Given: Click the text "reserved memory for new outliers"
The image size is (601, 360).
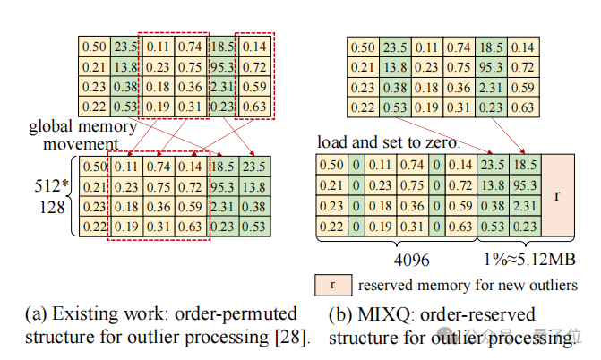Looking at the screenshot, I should pyautogui.click(x=467, y=286).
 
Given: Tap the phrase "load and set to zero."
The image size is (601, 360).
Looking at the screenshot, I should pyautogui.click(x=389, y=142).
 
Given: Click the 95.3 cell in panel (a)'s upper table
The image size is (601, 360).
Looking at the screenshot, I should pyautogui.click(x=223, y=65).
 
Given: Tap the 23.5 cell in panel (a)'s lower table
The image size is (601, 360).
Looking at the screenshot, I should pyautogui.click(x=254, y=167).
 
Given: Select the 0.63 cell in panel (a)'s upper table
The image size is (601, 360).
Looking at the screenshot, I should pyautogui.click(x=254, y=107).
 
